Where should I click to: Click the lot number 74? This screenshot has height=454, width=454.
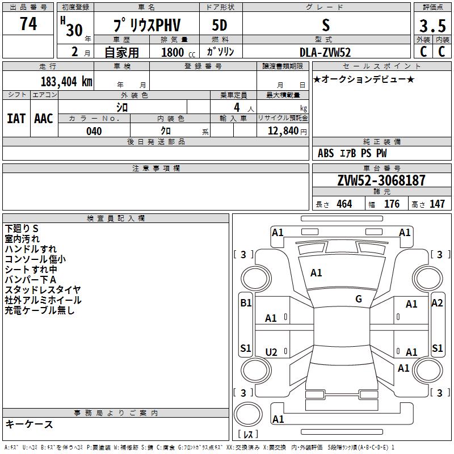tap(28, 24)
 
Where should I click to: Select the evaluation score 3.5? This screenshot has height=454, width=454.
tap(432, 26)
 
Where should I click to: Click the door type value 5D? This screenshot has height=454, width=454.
tap(220, 26)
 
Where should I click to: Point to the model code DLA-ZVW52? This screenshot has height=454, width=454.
tap(325, 52)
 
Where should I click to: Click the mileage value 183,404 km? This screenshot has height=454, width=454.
tap(66, 81)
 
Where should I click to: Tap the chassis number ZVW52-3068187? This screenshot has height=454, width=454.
tap(381, 181)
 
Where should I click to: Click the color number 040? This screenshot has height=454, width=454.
tap(94, 131)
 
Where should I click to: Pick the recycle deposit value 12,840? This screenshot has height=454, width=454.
tap(284, 131)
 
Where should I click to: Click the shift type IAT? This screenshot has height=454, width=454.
tap(16, 118)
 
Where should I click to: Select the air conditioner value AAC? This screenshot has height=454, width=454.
tap(44, 118)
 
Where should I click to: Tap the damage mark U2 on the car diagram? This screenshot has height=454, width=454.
tap(271, 352)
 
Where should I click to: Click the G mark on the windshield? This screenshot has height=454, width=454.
tap(359, 299)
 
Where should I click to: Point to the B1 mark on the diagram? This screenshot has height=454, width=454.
tap(246, 303)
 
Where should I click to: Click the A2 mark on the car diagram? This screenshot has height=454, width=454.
tap(437, 303)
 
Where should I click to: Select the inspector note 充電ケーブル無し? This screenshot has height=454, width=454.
tap(40, 310)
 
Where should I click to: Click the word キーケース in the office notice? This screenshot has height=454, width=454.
tap(29, 424)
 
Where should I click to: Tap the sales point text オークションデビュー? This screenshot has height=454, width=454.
tap(364, 79)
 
